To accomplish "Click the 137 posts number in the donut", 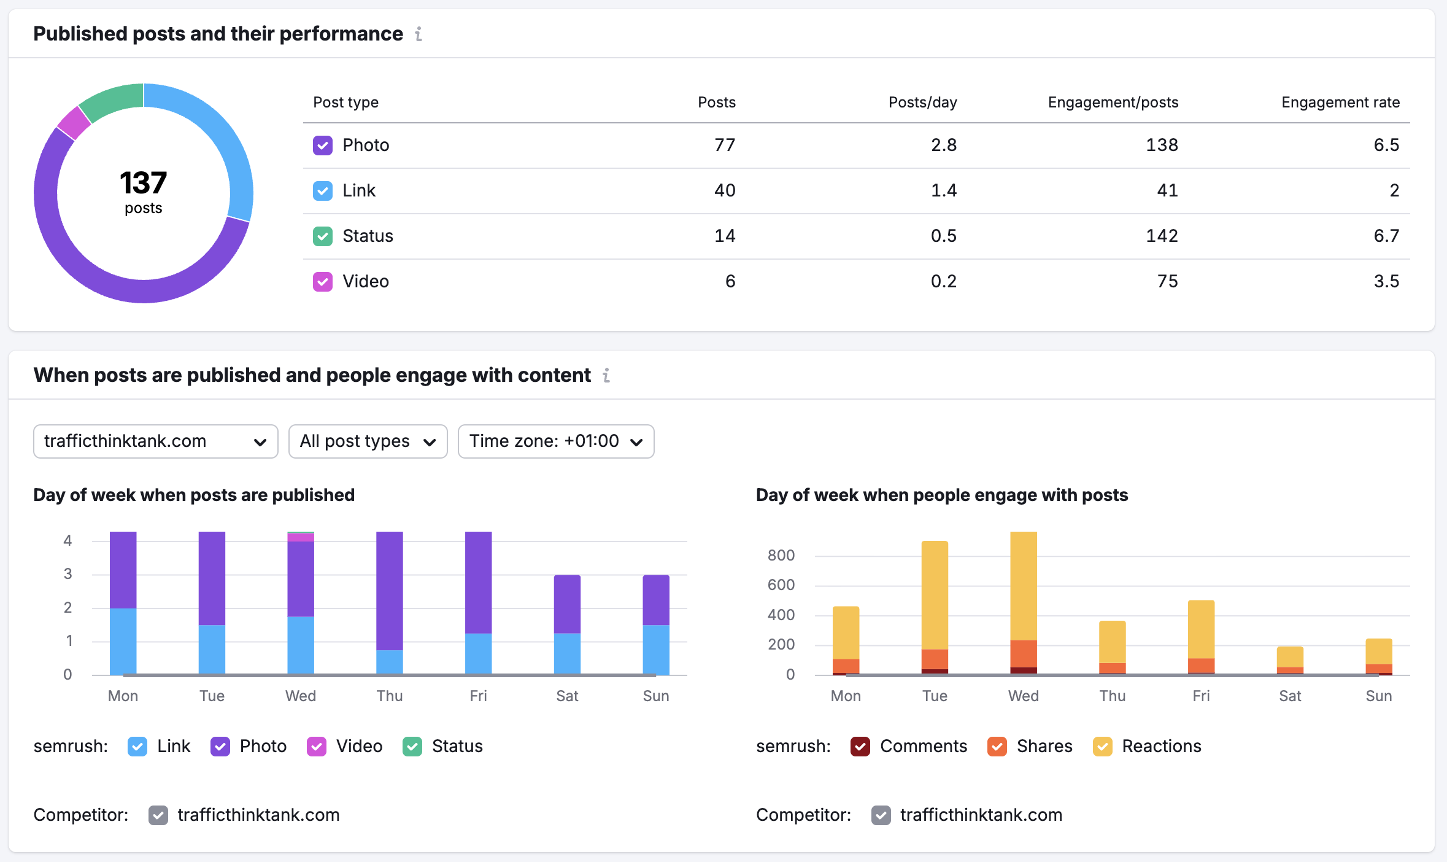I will click(x=143, y=183).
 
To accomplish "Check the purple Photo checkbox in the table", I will click(x=323, y=146).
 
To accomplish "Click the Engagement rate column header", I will click(x=1340, y=102).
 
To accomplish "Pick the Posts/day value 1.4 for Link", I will click(x=943, y=190).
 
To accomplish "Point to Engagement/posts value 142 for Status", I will click(x=1162, y=236).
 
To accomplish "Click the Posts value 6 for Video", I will click(x=730, y=281).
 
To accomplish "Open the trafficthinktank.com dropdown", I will click(x=155, y=441).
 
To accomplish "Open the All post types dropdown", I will click(x=368, y=441).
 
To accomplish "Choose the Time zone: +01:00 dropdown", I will click(x=555, y=441).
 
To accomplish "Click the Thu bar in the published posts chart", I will click(x=389, y=602).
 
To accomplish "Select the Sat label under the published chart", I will click(x=567, y=696).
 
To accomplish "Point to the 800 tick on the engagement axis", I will click(x=781, y=556).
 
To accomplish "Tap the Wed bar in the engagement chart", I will click(x=1023, y=602).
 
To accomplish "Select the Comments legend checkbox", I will click(x=860, y=747).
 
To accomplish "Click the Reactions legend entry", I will click(x=1161, y=747).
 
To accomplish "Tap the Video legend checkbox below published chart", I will click(x=317, y=747).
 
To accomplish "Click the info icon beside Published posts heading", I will click(x=419, y=34).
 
